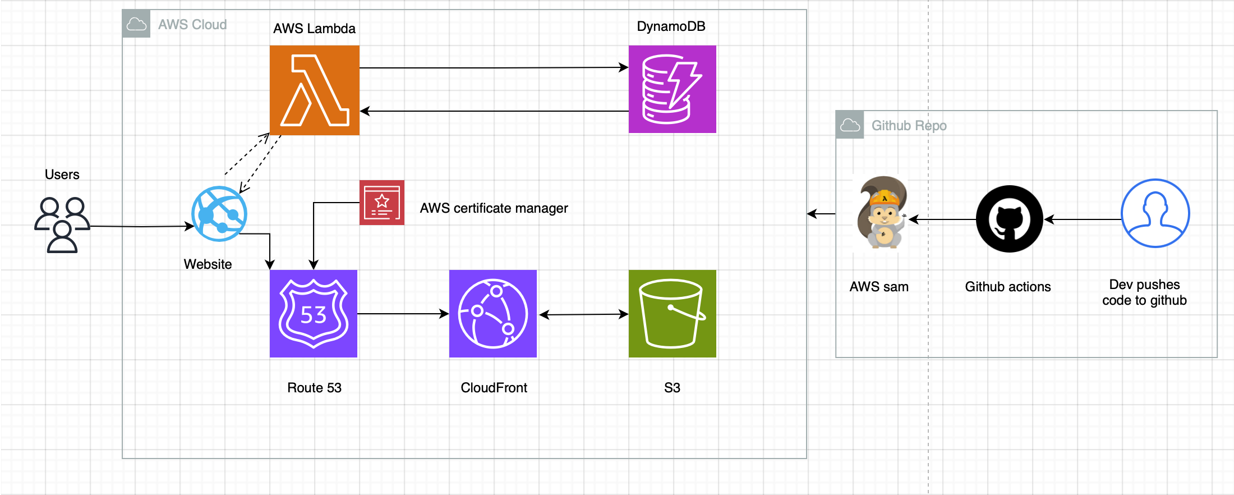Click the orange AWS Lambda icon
tap(315, 90)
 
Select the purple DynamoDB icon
tap(673, 89)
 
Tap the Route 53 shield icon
tap(314, 314)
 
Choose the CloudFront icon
tap(493, 314)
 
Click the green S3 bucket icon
tap(673, 314)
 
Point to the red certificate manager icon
tap(382, 203)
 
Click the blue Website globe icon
tap(219, 214)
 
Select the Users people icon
tap(62, 225)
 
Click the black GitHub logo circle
tap(1010, 219)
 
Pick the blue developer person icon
tap(1155, 213)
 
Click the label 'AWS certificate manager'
tap(494, 208)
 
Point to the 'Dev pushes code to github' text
tap(1145, 292)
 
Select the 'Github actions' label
tap(1008, 287)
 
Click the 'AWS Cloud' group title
tap(192, 25)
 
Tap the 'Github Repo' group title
tap(909, 126)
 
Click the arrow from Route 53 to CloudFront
tap(403, 314)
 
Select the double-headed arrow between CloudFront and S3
tap(583, 314)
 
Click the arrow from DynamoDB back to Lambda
tap(494, 111)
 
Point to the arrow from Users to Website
tap(142, 226)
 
